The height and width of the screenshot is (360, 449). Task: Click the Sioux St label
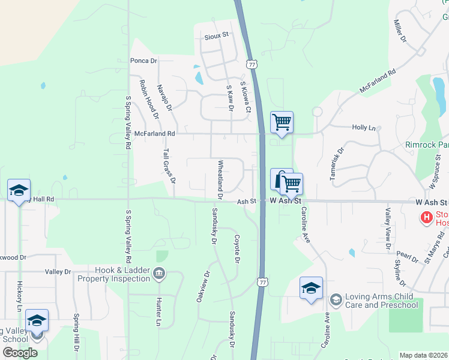click(217, 35)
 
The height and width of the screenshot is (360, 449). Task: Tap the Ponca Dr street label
click(143, 61)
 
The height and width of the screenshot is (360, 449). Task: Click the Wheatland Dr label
click(220, 179)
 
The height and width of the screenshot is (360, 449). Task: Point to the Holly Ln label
click(363, 127)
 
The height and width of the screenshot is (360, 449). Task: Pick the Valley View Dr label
click(388, 228)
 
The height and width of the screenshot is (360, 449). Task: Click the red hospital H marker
click(426, 217)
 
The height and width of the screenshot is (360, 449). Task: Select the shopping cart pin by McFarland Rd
click(282, 122)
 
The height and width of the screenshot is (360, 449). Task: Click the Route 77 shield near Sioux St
click(250, 62)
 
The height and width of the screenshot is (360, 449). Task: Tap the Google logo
click(20, 353)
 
